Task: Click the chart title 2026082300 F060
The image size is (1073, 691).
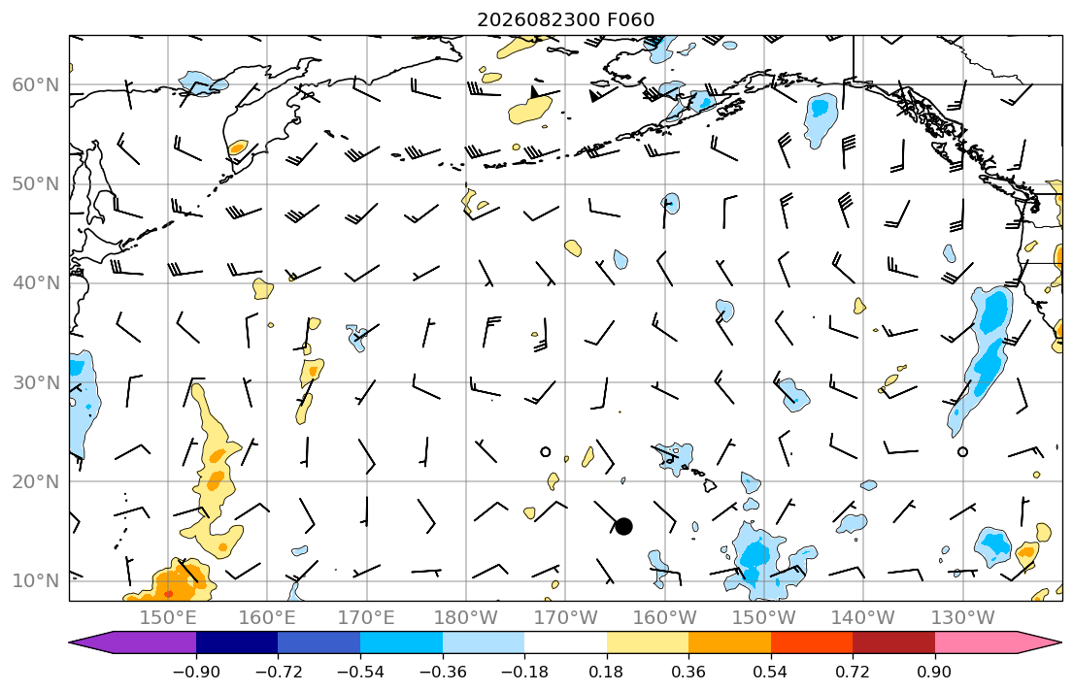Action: (x=565, y=19)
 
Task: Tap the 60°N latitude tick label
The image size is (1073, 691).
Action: (x=36, y=85)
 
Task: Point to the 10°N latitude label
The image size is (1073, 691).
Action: (x=36, y=581)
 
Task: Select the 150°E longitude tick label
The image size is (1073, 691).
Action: (x=168, y=618)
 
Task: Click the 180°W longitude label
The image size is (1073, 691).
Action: (x=466, y=618)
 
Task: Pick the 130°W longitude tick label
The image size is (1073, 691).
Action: (x=963, y=618)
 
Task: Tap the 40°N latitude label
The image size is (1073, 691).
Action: (x=36, y=283)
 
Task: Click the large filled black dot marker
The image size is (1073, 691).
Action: (x=623, y=526)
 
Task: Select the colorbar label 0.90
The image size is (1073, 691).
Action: (x=934, y=672)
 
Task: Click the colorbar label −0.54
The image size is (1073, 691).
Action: (x=360, y=672)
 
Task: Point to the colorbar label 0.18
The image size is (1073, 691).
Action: (x=606, y=672)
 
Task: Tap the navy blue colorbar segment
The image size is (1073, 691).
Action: (x=237, y=642)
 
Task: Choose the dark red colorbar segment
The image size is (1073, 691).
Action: (x=893, y=642)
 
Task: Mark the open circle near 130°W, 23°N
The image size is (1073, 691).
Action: (x=963, y=451)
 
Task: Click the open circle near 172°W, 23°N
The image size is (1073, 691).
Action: (x=546, y=451)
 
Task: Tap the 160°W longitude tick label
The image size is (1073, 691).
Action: (x=664, y=618)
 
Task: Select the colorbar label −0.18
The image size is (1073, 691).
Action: (x=525, y=672)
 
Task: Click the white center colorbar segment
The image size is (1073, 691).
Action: (x=565, y=642)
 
